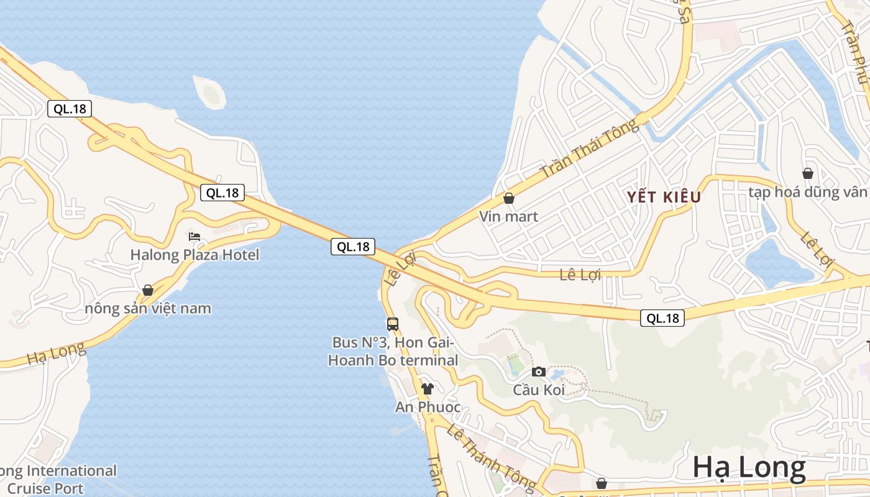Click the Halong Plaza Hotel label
click(195, 255)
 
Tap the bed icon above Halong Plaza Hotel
click(195, 237)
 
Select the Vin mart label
click(508, 217)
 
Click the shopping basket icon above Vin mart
click(509, 198)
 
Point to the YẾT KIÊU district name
click(664, 198)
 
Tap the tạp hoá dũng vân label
click(808, 192)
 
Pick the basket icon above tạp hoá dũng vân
click(808, 173)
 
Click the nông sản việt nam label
click(148, 308)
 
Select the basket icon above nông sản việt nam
click(148, 290)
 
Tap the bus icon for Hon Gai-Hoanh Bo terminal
click(393, 324)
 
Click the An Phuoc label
click(428, 407)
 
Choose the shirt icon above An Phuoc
click(427, 389)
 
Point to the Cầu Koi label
click(539, 390)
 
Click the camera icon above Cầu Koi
click(539, 372)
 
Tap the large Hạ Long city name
click(749, 467)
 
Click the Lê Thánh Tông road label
click(491, 457)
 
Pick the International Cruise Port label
click(59, 479)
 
